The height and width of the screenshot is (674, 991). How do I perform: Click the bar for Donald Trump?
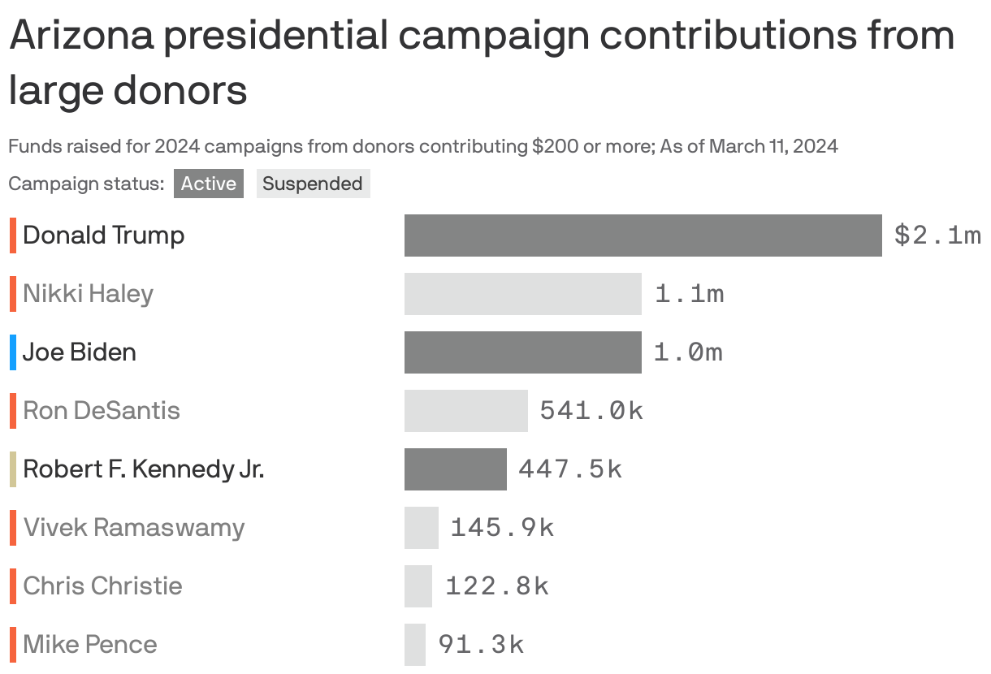[643, 235]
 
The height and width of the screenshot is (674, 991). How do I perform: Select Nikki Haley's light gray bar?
[522, 294]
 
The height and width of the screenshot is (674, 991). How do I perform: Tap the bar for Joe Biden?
[522, 352]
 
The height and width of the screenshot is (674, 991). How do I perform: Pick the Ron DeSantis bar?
[465, 411]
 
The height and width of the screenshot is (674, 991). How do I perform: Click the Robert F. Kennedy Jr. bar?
[455, 469]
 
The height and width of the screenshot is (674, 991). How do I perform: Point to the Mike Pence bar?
[414, 645]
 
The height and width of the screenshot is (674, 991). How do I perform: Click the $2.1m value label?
[937, 235]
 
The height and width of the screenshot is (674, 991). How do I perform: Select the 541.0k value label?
[591, 411]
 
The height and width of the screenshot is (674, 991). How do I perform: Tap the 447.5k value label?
[569, 469]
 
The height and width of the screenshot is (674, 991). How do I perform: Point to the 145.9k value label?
[501, 528]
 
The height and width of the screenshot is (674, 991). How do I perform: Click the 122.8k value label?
[496, 586]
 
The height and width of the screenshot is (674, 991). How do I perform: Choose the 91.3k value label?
[481, 645]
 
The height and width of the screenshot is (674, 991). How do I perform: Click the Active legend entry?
[208, 184]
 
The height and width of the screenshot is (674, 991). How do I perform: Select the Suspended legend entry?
[313, 184]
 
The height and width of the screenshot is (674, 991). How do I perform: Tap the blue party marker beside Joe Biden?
[13, 352]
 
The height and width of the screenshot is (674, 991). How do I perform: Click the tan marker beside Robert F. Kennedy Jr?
[13, 469]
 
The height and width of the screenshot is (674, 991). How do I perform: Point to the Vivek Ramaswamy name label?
[133, 528]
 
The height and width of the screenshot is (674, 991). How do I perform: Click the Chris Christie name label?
[102, 586]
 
